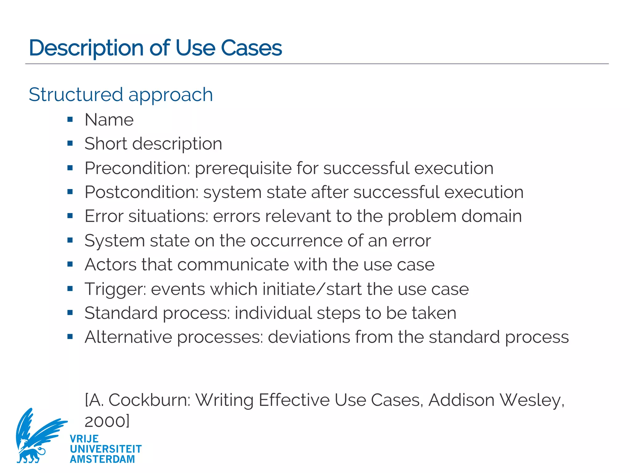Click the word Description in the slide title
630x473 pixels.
[86, 48]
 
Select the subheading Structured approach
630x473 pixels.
[121, 95]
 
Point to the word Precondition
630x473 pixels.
[137, 168]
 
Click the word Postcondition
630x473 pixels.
[142, 192]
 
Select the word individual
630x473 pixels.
[273, 313]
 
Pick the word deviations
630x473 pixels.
[309, 337]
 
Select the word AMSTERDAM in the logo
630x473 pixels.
[102, 459]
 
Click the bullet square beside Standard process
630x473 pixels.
[70, 313]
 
